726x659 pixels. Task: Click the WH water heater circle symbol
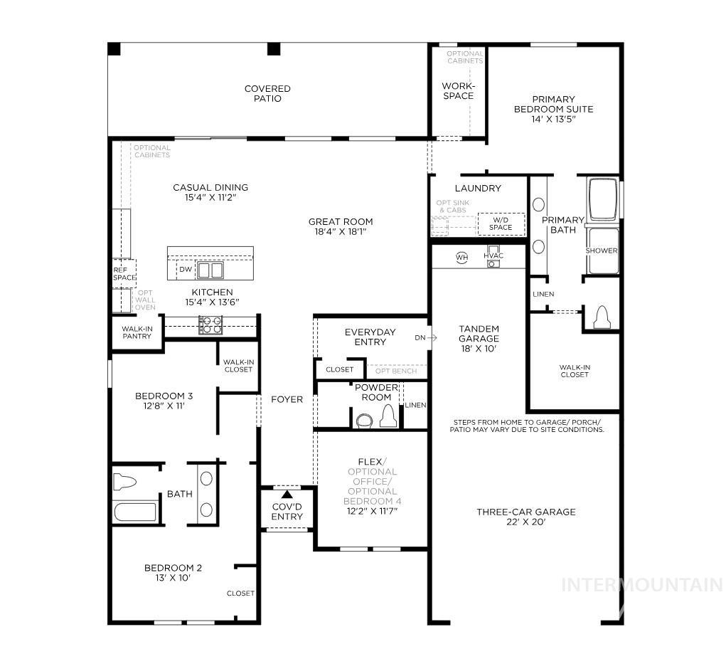pos(461,257)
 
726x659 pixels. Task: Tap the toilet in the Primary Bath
pos(601,317)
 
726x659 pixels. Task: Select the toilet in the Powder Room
pos(388,416)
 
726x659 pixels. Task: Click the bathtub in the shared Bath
pos(135,512)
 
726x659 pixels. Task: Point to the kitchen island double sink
pos(210,270)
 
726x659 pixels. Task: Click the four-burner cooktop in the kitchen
pos(210,325)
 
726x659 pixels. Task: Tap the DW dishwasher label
pos(185,270)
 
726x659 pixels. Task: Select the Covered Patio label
pos(267,93)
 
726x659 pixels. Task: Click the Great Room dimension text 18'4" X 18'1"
pos(341,231)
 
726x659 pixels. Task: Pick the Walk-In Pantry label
pos(137,332)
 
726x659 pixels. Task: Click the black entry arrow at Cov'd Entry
pos(287,494)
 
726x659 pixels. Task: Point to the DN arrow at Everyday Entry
pos(425,337)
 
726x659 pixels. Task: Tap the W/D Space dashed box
pos(501,223)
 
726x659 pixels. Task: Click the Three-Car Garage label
pos(525,512)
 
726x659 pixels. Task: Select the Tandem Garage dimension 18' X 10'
pos(479,349)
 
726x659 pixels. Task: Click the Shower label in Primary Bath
pos(601,251)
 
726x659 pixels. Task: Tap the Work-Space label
pos(458,91)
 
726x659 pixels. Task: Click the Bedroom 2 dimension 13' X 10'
pos(173,577)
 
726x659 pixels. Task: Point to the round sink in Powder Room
pos(363,420)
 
